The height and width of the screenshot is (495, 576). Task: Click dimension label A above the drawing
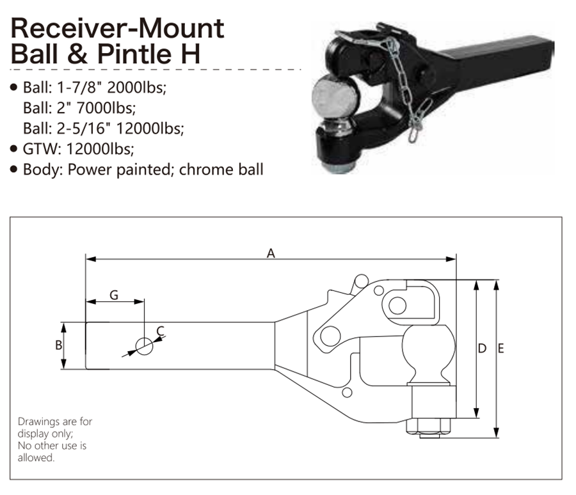pos(271,253)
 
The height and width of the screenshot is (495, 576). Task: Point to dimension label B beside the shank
pos(58,345)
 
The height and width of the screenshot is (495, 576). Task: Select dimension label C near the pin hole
pos(160,331)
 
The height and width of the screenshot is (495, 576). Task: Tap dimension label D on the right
pos(482,348)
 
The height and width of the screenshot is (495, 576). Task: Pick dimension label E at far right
pos(501,348)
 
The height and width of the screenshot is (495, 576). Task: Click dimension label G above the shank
pos(114,295)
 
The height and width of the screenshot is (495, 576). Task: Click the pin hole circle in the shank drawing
pos(145,346)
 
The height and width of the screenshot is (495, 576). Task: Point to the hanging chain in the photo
pos(408,92)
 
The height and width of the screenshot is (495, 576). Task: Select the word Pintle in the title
pos(136,54)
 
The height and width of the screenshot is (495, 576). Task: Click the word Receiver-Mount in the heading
pos(118,28)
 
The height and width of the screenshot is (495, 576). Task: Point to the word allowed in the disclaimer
pos(36,457)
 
